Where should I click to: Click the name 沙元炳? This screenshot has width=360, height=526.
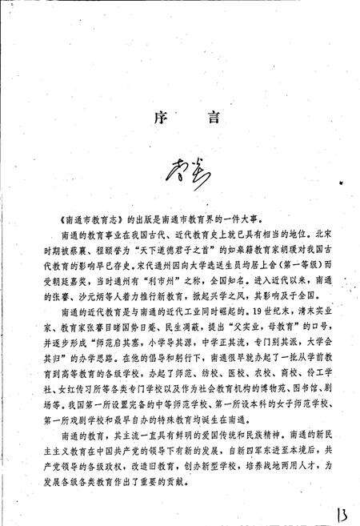(x=97, y=292)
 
